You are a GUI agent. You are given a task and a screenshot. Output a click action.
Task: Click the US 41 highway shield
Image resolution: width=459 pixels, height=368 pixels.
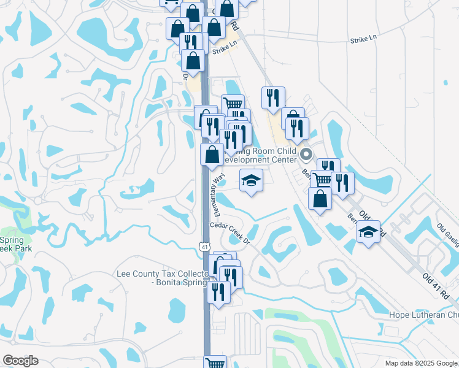click(x=204, y=246)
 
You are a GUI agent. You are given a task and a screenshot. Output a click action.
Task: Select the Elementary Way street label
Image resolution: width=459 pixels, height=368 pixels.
click(x=217, y=193)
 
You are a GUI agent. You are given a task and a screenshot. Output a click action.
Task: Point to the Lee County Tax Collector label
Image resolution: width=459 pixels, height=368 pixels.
click(x=161, y=278)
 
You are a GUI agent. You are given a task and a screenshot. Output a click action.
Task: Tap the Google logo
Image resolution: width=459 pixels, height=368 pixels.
click(x=20, y=361)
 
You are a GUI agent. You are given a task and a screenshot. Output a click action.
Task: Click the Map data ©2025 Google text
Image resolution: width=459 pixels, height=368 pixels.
click(x=421, y=364)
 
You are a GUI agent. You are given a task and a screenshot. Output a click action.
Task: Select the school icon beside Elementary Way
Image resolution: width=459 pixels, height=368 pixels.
click(x=251, y=180)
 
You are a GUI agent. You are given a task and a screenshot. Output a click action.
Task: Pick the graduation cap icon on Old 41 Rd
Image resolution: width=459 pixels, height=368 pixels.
click(x=368, y=232)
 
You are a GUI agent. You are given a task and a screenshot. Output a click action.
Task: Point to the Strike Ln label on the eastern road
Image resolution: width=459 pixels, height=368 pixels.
click(x=363, y=39)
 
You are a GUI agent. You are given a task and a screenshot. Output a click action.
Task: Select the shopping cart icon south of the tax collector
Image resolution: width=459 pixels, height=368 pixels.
click(x=215, y=363)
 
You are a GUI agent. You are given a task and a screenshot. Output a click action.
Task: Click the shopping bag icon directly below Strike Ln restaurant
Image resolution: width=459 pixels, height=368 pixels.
click(x=193, y=61)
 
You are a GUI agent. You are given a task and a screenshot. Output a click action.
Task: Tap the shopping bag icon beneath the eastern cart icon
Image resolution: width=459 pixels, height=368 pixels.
click(x=320, y=198)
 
